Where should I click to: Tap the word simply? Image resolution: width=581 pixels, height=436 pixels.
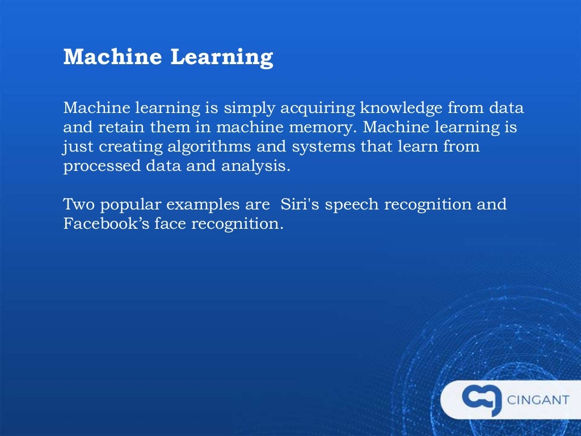pos(239,108)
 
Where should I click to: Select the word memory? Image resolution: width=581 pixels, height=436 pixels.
pos(308,128)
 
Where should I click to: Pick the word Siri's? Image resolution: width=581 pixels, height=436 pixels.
pos(294,204)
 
